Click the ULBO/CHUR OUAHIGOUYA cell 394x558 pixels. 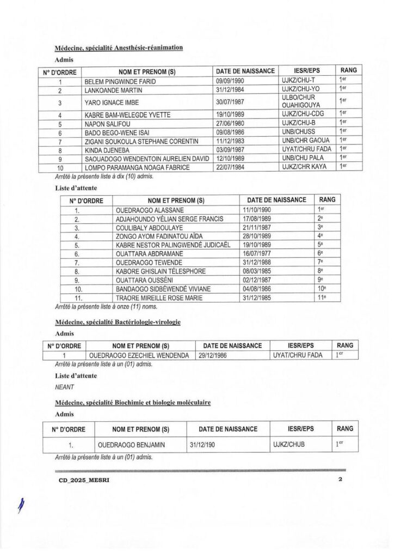(298, 101)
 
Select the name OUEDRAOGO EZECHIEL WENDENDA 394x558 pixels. (139, 355)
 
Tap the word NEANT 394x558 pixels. (64, 387)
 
